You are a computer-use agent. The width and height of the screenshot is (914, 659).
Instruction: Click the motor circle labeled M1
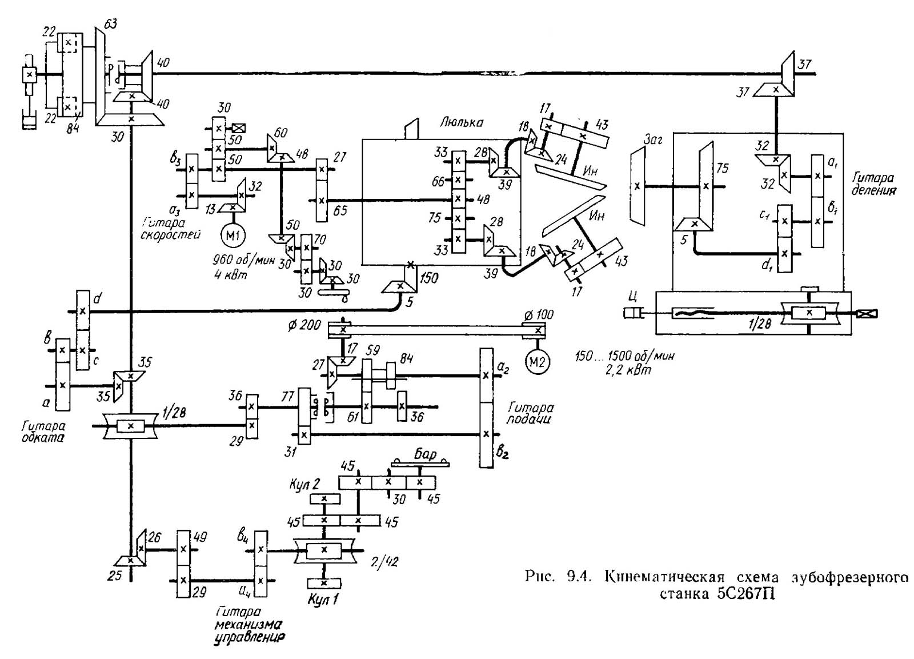click(x=233, y=235)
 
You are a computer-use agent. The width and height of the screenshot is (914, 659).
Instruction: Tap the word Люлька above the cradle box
click(x=462, y=122)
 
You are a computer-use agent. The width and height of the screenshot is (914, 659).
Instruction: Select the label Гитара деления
click(x=872, y=184)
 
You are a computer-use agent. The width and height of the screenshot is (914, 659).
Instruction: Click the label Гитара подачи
click(x=530, y=413)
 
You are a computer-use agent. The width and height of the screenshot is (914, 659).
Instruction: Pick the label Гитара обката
click(x=43, y=432)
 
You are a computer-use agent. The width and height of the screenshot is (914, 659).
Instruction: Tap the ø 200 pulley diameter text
click(x=304, y=325)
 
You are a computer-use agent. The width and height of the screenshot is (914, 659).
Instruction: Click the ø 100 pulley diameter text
click(x=538, y=315)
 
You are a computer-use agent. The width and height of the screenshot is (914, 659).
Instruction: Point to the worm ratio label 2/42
click(x=383, y=561)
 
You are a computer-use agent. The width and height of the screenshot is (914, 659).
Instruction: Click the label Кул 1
click(x=323, y=600)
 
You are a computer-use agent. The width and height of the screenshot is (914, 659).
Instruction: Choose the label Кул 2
click(x=303, y=485)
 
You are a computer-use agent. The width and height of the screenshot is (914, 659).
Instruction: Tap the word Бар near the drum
click(x=425, y=454)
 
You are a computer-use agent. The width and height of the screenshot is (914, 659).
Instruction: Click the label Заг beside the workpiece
click(x=652, y=139)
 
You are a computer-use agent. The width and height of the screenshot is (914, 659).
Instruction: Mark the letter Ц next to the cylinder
click(x=631, y=296)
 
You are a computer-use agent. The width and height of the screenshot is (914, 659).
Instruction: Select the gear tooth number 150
click(x=428, y=278)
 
